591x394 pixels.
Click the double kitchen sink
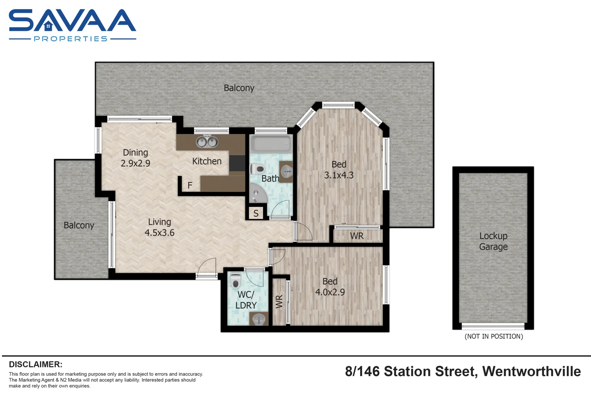tap(207, 142)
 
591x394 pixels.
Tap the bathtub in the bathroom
tap(271, 144)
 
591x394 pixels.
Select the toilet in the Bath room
tap(258, 169)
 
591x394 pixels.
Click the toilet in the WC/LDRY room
tap(236, 281)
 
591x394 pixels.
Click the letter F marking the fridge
tap(190, 185)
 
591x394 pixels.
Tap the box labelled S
tap(256, 213)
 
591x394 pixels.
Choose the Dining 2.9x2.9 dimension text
tap(135, 163)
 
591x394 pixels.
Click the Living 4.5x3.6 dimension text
tap(159, 232)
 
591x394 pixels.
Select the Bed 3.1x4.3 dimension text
tap(339, 175)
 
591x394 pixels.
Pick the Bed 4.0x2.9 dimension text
tap(330, 292)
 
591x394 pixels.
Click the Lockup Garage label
tap(493, 241)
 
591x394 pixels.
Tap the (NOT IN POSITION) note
tap(494, 336)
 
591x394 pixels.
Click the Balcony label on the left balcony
tap(79, 225)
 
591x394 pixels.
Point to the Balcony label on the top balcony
tap(239, 88)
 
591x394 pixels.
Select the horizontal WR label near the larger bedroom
tap(357, 236)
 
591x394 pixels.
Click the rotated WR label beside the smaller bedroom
tap(279, 302)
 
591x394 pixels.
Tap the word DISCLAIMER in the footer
tap(35, 364)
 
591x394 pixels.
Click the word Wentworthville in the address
tap(531, 371)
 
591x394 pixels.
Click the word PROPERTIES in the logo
tap(71, 39)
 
